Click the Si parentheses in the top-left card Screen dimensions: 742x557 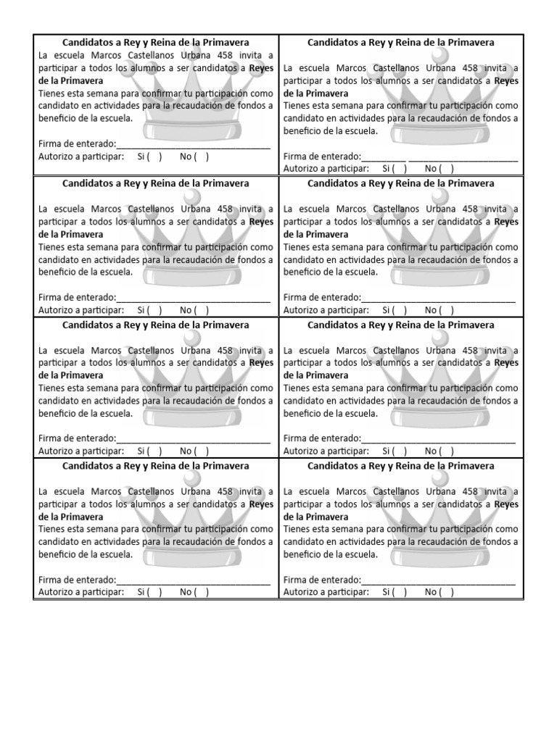tap(155, 156)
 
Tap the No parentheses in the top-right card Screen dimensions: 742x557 tap(447, 168)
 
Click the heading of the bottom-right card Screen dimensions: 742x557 tap(401, 466)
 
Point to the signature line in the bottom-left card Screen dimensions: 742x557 tap(193, 580)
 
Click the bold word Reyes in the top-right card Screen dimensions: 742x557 tap(506, 80)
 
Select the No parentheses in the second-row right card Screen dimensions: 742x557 tap(447, 309)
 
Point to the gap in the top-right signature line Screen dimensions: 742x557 tap(408, 157)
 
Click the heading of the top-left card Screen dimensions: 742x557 tap(156, 43)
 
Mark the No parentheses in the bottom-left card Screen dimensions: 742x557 tap(202, 592)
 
